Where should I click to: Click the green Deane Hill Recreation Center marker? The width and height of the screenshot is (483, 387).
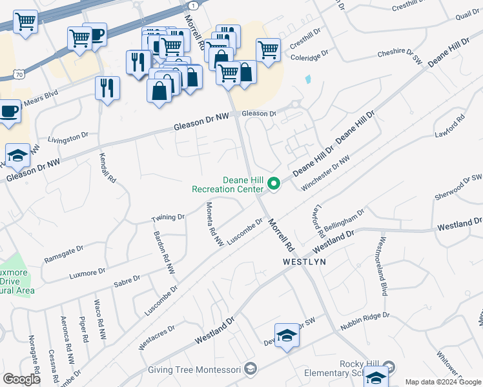click(274, 184)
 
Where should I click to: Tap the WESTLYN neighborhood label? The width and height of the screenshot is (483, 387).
click(304, 263)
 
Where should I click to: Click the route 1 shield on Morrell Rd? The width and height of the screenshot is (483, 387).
click(192, 5)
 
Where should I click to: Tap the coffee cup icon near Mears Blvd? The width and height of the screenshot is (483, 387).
click(8, 111)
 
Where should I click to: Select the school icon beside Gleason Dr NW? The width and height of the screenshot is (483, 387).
click(18, 155)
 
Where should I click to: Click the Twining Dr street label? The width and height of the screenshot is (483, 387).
click(168, 217)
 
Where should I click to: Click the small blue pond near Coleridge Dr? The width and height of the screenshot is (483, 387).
click(307, 81)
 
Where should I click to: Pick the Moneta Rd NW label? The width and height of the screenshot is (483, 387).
click(214, 224)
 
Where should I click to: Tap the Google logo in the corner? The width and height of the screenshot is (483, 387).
click(21, 379)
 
